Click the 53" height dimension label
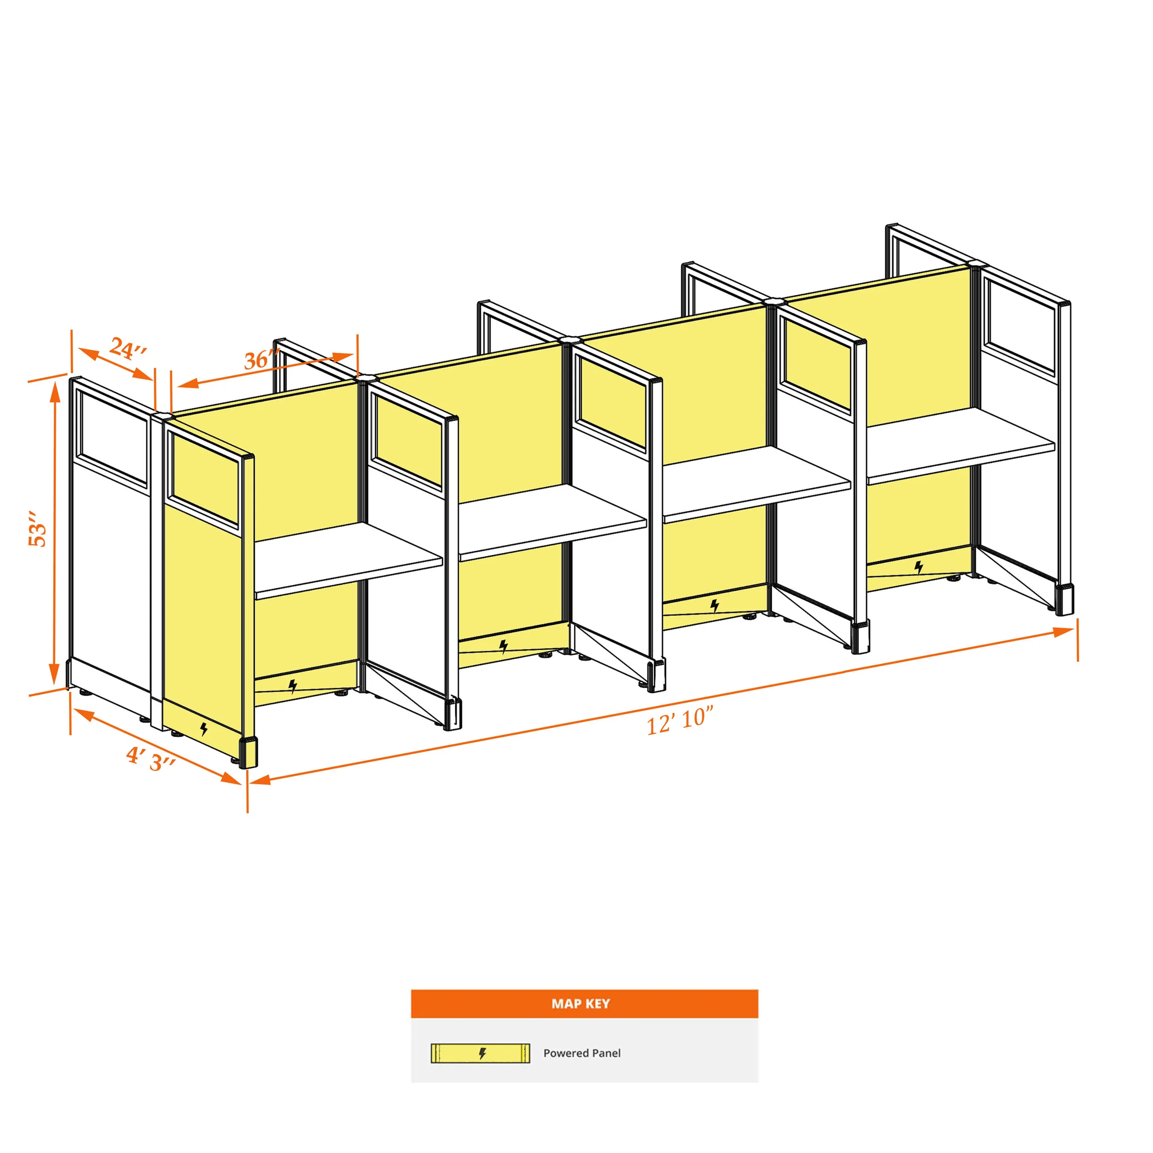38,529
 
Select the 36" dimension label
261,359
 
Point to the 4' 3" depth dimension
151,758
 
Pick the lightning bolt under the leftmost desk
292,686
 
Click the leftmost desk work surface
349,559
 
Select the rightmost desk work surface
961,445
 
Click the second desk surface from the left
553,522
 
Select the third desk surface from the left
757,484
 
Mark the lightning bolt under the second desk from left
504,647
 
